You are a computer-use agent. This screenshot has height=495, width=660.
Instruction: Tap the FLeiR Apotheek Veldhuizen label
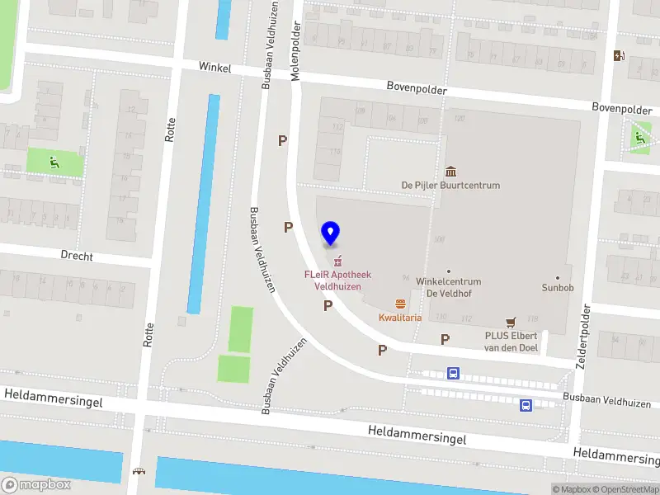337,280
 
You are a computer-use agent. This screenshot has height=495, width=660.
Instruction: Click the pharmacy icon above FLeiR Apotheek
337,262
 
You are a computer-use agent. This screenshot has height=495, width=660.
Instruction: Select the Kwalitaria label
400,317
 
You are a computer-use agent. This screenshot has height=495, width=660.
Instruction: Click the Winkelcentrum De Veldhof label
448,286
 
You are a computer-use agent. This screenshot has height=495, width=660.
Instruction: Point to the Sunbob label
557,289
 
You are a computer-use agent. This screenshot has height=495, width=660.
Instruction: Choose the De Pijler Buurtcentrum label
450,185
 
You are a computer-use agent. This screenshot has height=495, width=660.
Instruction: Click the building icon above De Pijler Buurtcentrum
450,171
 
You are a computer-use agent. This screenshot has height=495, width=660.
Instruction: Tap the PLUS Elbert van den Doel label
511,341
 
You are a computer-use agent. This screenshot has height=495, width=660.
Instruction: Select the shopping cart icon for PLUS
511,322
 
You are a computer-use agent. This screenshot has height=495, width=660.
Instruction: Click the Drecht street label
77,256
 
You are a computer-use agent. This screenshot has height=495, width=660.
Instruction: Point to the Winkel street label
214,68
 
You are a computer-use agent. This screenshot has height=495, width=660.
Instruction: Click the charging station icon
619,56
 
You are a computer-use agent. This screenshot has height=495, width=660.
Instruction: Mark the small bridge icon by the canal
139,473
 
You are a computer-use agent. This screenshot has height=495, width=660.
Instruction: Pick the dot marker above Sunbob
558,277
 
